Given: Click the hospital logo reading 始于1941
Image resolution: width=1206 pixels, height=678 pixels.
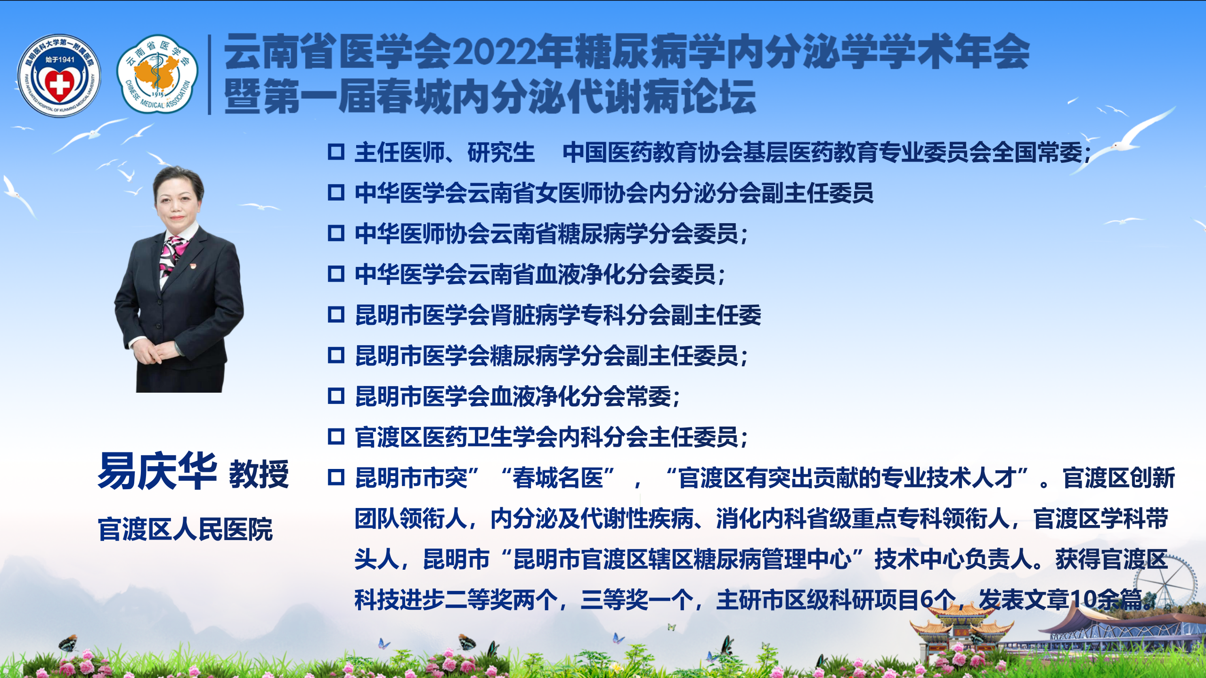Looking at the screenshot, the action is click(x=59, y=75).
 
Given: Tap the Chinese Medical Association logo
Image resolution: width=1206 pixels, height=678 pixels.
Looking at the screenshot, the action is click(x=157, y=74).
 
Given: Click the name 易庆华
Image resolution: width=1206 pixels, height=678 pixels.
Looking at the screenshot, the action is click(x=157, y=471).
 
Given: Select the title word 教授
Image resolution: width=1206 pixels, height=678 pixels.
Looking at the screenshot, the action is click(x=259, y=474).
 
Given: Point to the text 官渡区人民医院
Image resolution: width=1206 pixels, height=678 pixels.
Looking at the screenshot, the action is click(x=186, y=529).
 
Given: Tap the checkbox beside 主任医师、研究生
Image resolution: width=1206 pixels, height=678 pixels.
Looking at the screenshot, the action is click(x=336, y=152).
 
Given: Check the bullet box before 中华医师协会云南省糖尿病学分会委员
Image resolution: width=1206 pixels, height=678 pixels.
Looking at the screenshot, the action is click(x=336, y=233).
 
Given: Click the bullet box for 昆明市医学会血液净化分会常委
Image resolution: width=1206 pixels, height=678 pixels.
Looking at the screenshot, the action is click(x=336, y=396).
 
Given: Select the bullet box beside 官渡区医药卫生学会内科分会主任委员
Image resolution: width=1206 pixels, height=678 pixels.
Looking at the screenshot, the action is click(x=336, y=436).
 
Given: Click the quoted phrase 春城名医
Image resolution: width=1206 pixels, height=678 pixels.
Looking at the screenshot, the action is click(x=558, y=478).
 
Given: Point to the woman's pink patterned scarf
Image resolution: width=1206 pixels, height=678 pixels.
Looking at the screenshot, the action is click(x=172, y=254).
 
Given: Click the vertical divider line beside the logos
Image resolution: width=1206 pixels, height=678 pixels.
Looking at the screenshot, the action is click(x=210, y=74).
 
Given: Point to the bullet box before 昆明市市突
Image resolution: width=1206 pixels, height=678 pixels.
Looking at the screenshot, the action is click(x=336, y=477).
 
